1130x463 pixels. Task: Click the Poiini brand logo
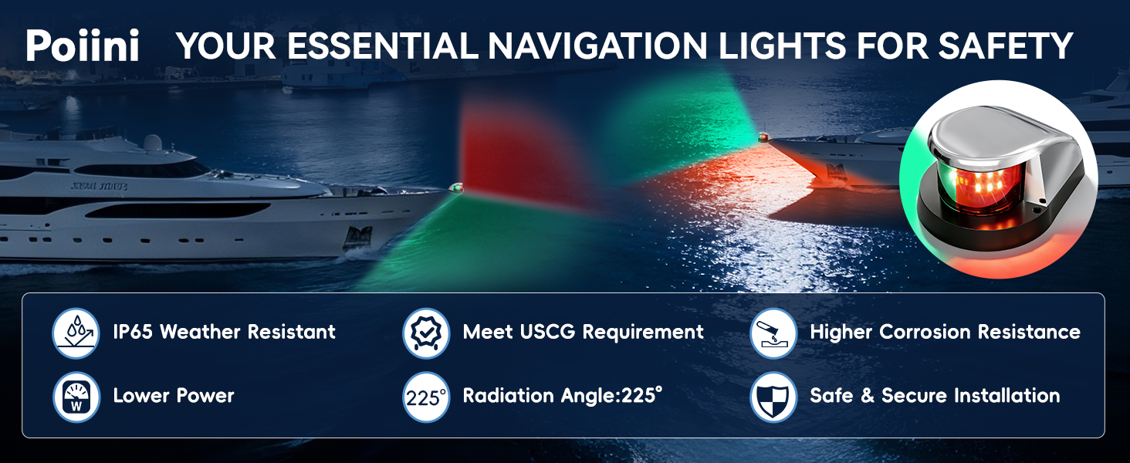click(x=83, y=46)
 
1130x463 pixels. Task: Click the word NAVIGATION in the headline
click(x=597, y=46)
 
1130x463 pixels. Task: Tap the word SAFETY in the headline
click(x=1006, y=46)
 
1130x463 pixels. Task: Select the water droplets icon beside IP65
click(x=76, y=333)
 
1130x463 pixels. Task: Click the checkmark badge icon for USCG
click(x=426, y=333)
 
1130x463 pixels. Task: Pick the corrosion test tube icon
click(x=773, y=333)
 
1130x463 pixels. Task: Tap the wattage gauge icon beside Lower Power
click(x=76, y=397)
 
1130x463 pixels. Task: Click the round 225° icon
click(x=426, y=397)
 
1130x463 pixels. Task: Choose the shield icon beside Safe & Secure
click(x=773, y=397)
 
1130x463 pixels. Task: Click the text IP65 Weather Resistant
click(x=224, y=332)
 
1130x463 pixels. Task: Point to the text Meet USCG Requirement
click(x=584, y=332)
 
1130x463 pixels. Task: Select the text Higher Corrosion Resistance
click(x=945, y=332)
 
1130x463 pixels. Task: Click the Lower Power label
click(x=174, y=395)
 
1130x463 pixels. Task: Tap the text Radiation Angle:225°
click(x=563, y=395)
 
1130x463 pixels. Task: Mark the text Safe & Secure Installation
click(x=935, y=395)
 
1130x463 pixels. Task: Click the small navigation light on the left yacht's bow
click(x=456, y=188)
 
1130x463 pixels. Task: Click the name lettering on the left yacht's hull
click(x=99, y=186)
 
